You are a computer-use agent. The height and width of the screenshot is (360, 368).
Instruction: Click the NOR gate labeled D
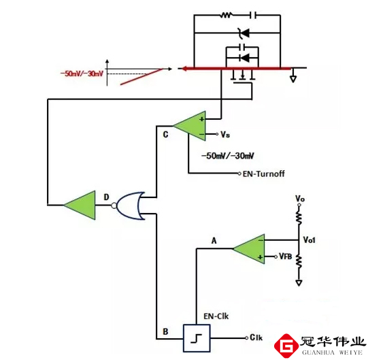tap(131, 203)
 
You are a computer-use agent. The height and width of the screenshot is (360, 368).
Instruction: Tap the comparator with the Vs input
tap(190, 126)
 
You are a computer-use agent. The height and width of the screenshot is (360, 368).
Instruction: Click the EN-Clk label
tap(216, 316)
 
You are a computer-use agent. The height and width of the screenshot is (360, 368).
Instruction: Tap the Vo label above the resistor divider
tap(299, 198)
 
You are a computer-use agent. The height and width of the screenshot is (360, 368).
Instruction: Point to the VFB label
tap(286, 257)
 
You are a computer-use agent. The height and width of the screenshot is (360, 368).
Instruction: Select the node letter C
tap(165, 133)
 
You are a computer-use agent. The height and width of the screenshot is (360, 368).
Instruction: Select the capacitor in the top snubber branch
tap(252, 14)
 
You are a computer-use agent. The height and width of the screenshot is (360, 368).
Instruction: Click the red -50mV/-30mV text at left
tap(82, 73)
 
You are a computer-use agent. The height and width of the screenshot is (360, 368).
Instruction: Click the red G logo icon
tap(287, 345)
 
